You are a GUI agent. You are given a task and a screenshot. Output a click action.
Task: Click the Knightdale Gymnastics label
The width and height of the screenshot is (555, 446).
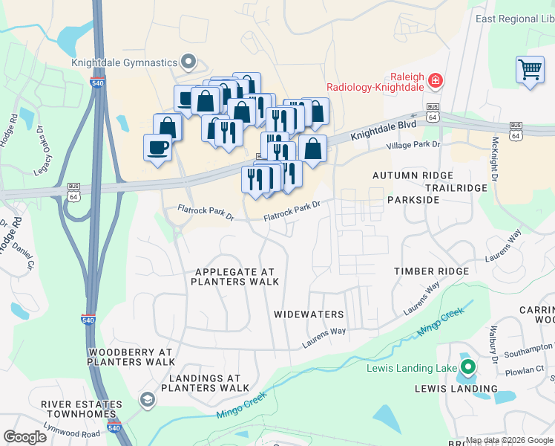pyautogui.click(x=125, y=62)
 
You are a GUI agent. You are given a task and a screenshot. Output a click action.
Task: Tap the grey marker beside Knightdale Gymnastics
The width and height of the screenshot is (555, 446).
pyautogui.click(x=188, y=62)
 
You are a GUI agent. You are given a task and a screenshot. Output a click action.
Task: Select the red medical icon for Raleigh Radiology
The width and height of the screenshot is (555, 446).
pyautogui.click(x=435, y=80)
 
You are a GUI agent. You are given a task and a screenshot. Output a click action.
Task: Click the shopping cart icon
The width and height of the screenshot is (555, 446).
pyautogui.click(x=530, y=70)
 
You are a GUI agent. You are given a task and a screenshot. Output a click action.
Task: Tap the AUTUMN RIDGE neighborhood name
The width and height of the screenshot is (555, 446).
pyautogui.click(x=413, y=175)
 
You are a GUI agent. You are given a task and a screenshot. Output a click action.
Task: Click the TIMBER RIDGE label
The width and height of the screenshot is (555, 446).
pyautogui.click(x=431, y=271)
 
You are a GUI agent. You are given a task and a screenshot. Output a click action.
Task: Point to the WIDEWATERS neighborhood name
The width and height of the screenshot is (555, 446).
pyautogui.click(x=309, y=314)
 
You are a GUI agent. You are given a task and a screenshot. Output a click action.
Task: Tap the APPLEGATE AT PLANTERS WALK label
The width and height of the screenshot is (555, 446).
pyautogui.click(x=234, y=277)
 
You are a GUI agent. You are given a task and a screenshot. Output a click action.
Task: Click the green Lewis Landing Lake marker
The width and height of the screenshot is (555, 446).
pyautogui.click(x=468, y=366)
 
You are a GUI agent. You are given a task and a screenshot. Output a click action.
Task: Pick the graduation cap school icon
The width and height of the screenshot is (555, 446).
pyautogui.click(x=148, y=401)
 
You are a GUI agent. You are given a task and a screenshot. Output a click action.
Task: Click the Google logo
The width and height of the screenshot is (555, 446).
pyautogui.click(x=24, y=437)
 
